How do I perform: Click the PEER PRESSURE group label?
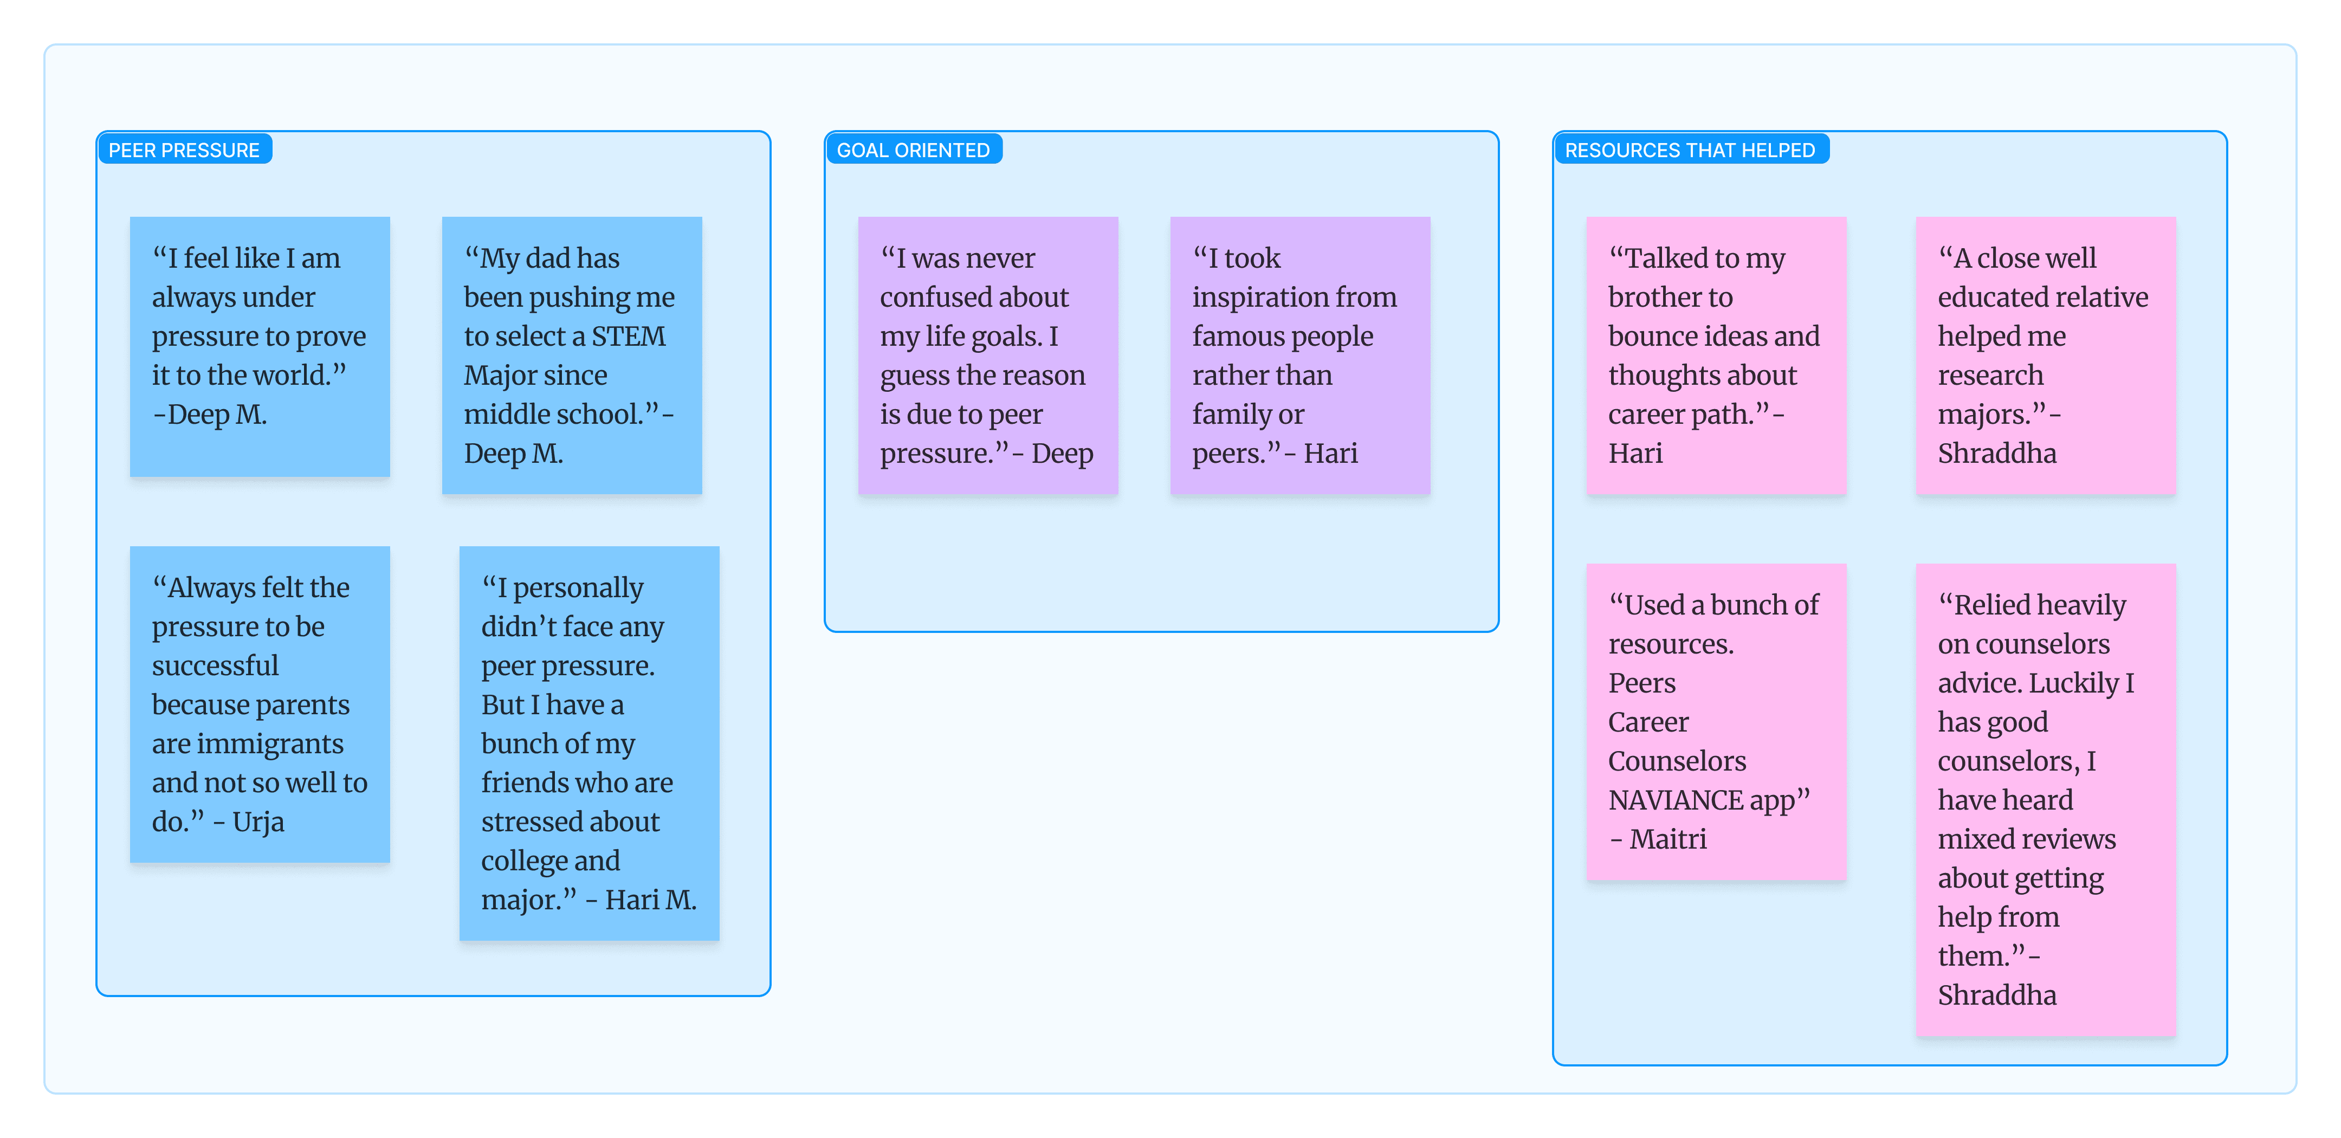(x=184, y=150)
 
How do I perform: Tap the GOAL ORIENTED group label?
(x=913, y=150)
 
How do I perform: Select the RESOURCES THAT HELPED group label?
(x=1690, y=150)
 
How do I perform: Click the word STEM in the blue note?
(x=628, y=337)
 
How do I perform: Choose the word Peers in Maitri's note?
(x=1642, y=683)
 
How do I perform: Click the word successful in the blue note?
(x=215, y=666)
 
